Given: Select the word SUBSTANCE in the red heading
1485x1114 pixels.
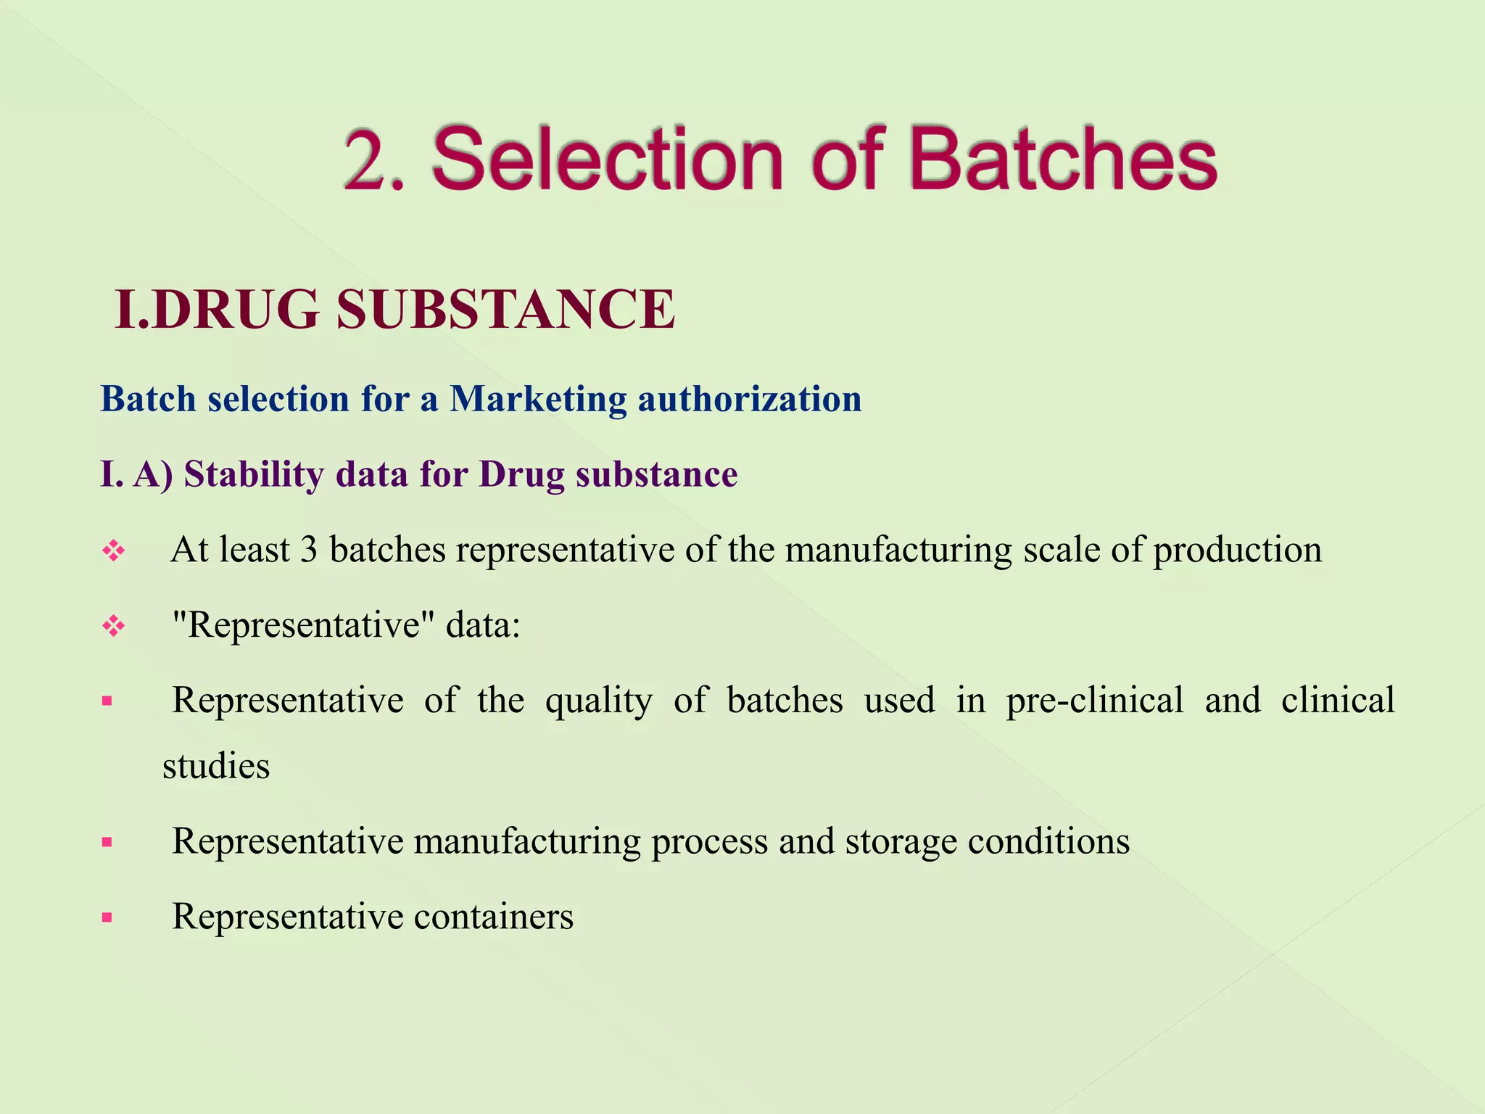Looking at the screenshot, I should [x=505, y=310].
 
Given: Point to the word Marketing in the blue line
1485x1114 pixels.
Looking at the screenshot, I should [x=537, y=399].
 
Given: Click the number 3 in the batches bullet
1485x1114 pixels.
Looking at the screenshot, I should [x=309, y=550].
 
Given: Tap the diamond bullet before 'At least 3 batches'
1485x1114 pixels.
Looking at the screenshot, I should [x=114, y=551].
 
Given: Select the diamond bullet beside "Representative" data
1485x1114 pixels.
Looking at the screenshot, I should [x=114, y=626].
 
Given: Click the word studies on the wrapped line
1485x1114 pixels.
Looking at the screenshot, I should [x=216, y=767].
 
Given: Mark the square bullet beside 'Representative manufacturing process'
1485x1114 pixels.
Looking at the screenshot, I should [x=107, y=843].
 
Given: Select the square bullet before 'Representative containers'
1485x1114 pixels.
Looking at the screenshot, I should [x=107, y=918].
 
